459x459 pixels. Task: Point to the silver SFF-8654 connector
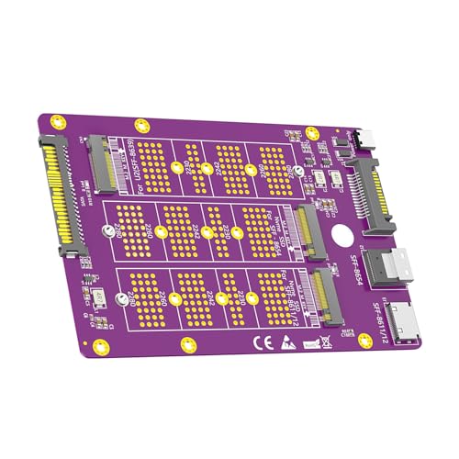pyautogui.click(x=399, y=270)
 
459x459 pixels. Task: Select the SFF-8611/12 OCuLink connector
pyautogui.click(x=404, y=326)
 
